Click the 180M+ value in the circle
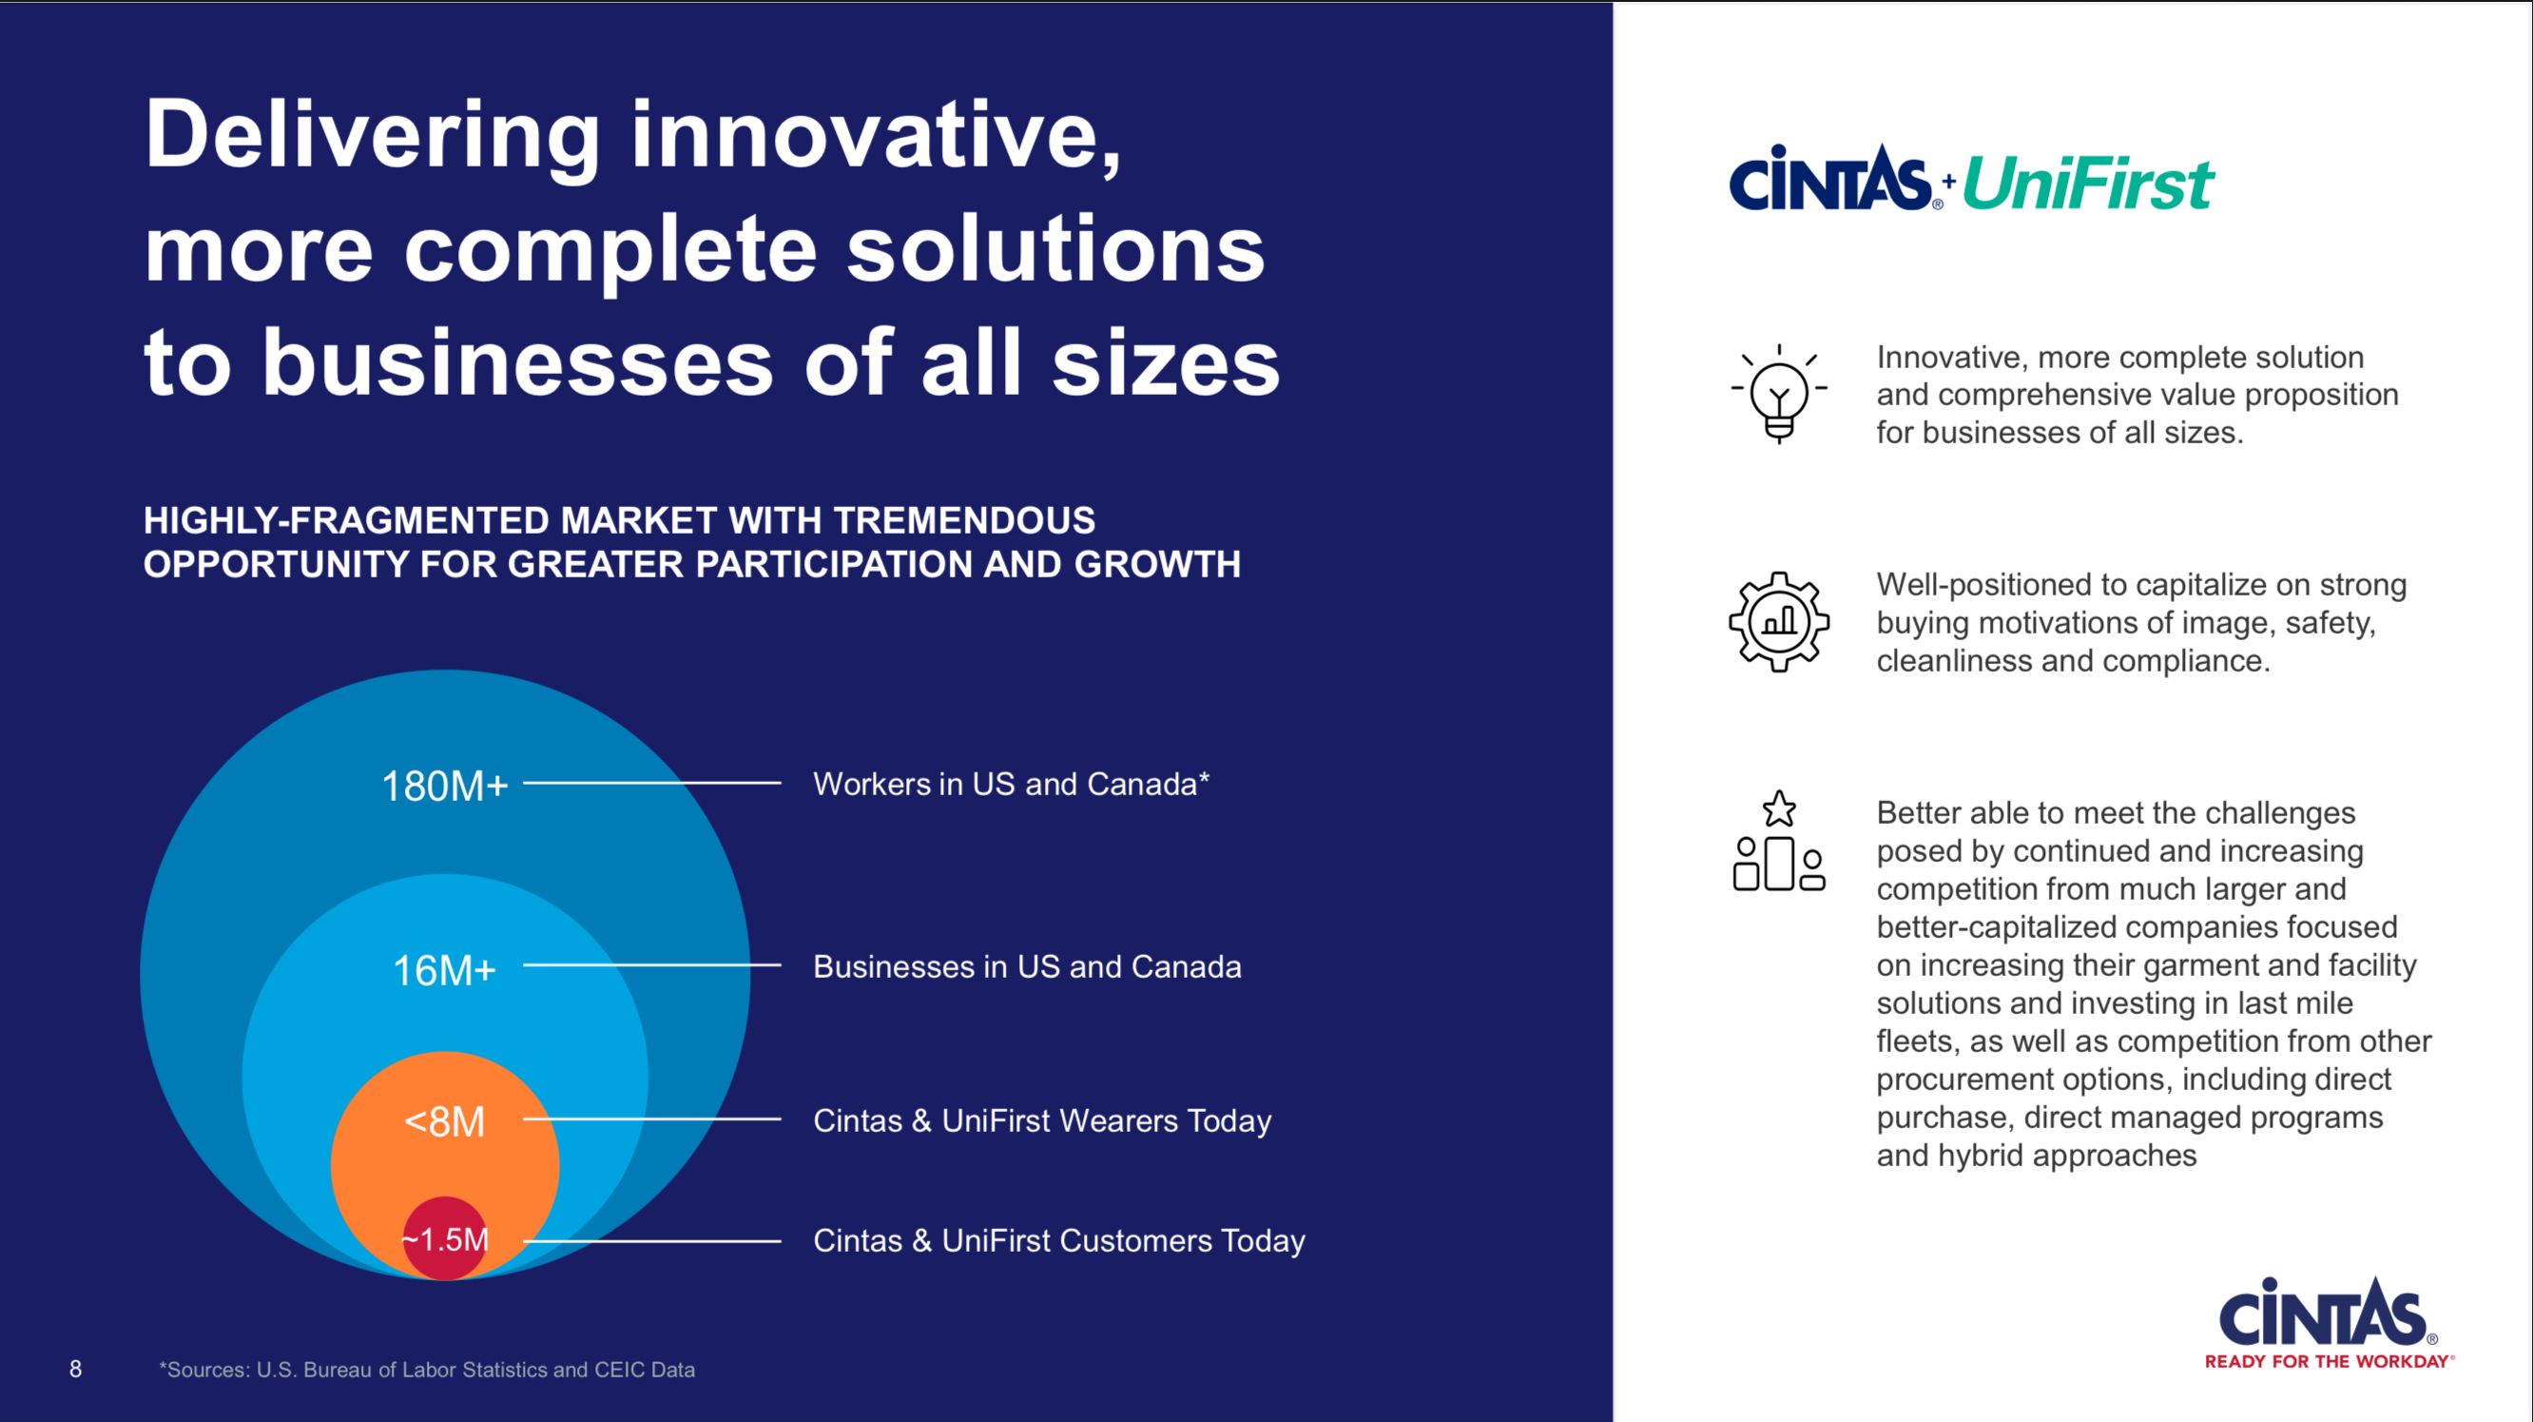coord(444,786)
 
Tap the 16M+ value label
coord(444,970)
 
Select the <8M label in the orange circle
coord(444,1121)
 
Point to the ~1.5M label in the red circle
coord(444,1239)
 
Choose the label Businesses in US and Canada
coord(1028,966)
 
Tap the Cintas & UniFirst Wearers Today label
coord(1042,1121)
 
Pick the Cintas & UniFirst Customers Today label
coord(1059,1241)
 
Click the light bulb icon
coord(1779,395)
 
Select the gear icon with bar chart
coord(1779,621)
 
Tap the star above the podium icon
coord(1779,809)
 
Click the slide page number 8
coord(76,1369)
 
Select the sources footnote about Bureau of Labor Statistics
coord(427,1370)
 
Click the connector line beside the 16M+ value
coord(652,965)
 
